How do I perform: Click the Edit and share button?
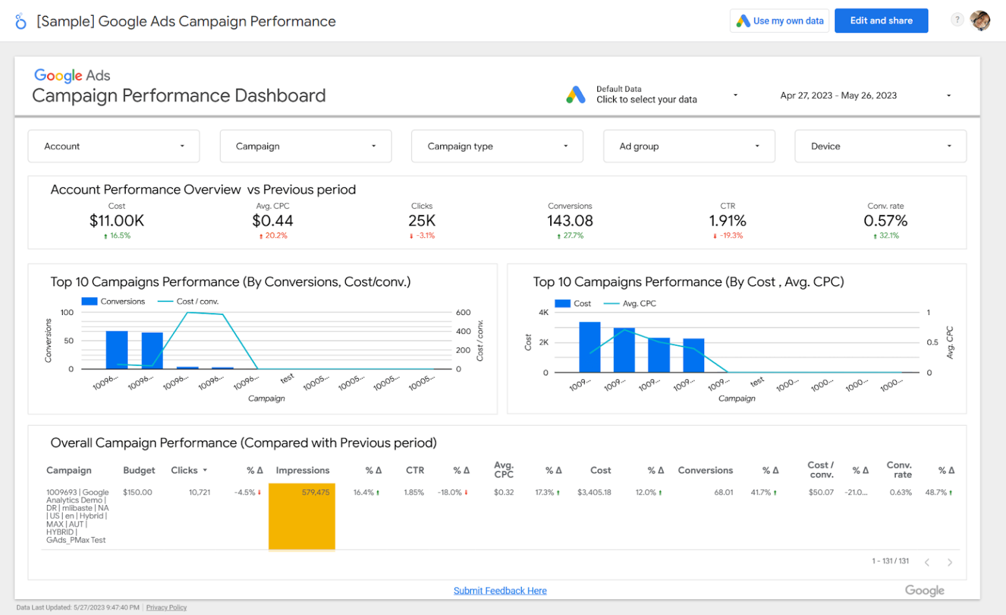[881, 21]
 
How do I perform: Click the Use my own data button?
[779, 21]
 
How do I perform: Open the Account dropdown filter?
[113, 146]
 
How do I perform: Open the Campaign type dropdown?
[496, 146]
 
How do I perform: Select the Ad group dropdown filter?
[688, 146]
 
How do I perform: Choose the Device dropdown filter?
[880, 146]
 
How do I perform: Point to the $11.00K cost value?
[117, 221]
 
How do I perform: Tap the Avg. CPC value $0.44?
[272, 221]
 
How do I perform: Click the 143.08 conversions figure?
[570, 221]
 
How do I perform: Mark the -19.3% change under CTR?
[728, 236]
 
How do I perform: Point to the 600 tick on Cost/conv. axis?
[463, 312]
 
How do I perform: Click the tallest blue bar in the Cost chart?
[589, 347]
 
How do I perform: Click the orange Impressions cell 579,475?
[302, 516]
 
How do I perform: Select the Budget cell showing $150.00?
[138, 493]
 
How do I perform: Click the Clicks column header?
[185, 470]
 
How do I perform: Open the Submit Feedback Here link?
[500, 591]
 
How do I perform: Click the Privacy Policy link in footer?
[166, 608]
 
